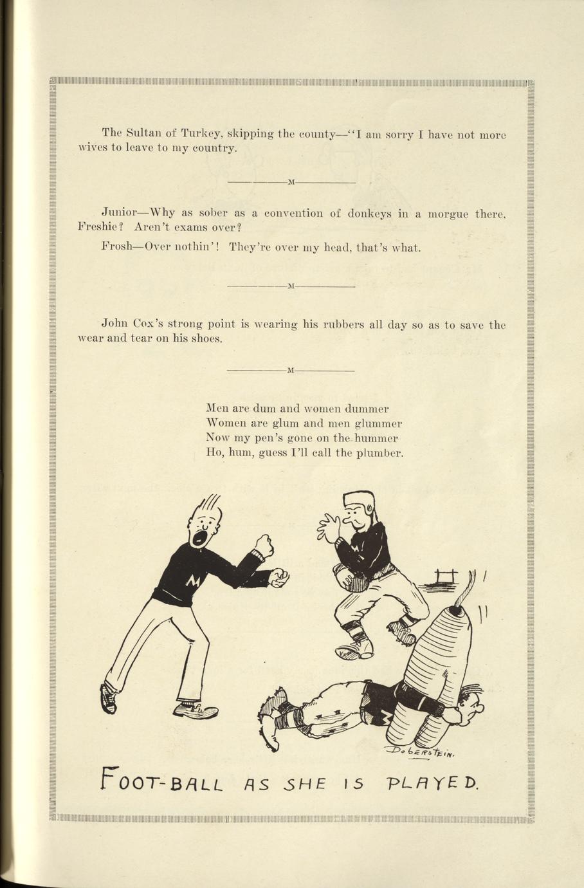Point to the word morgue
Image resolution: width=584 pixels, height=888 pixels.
click(448, 214)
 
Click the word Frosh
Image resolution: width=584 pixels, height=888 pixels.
click(116, 246)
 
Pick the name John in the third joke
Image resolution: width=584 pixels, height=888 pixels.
click(114, 324)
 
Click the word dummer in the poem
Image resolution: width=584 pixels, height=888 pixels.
click(367, 409)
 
